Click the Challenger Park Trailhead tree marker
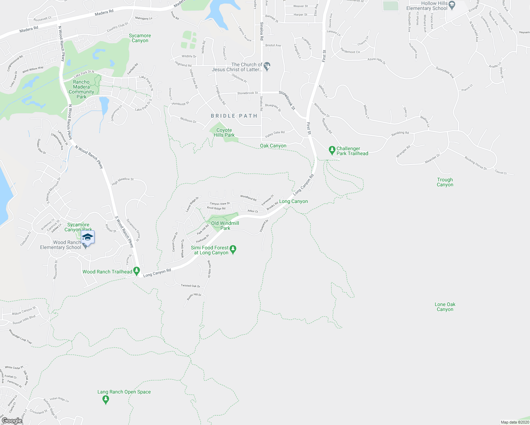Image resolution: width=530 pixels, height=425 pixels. (332, 151)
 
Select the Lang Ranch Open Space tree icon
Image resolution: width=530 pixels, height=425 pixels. (105, 399)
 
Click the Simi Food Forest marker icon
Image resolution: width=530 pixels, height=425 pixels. (233, 250)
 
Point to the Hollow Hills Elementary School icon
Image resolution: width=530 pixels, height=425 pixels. (452, 5)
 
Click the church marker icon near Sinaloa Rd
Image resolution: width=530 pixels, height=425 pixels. (267, 66)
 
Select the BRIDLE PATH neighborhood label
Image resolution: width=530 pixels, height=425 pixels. (234, 116)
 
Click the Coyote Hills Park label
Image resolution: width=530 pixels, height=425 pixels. (224, 132)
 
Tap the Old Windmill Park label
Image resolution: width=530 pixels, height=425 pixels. (225, 226)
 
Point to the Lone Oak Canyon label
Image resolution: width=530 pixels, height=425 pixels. (445, 307)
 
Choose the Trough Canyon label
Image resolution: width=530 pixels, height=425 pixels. (445, 182)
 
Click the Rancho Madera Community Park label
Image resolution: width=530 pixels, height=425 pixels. (81, 89)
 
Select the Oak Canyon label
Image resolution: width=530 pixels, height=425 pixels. (273, 146)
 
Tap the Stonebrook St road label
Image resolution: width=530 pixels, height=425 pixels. (287, 100)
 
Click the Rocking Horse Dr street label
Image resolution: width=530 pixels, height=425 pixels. (475, 163)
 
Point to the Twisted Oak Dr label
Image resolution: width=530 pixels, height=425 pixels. (190, 286)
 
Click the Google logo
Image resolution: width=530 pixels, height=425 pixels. (12, 421)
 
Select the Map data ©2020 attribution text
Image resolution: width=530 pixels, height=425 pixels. (514, 422)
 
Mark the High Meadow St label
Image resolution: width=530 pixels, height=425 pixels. (123, 181)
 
